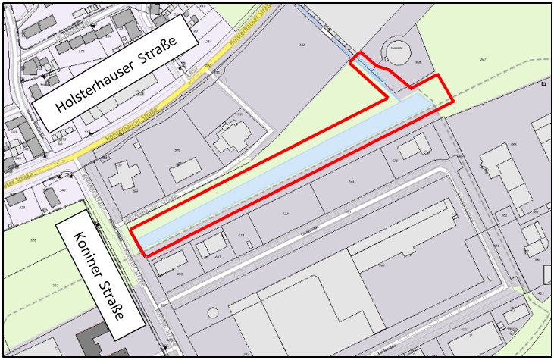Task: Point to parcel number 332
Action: [x=301, y=45]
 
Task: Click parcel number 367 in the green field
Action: [x=482, y=58]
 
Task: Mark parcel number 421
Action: [x=351, y=181]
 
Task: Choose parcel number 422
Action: [x=285, y=214]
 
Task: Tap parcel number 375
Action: [x=177, y=151]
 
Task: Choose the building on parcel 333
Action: [x=231, y=139]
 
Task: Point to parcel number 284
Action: [x=208, y=42]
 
